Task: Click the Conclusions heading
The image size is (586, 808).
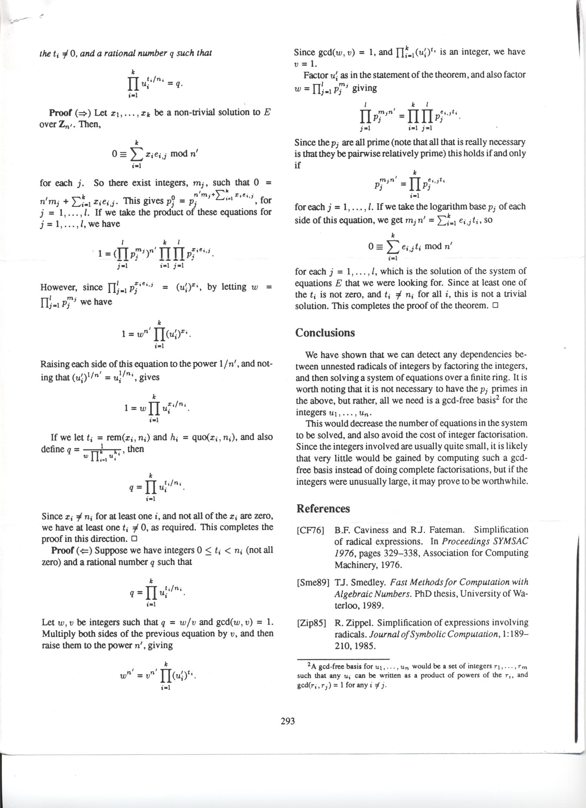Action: [325, 333]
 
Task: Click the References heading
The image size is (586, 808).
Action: [323, 508]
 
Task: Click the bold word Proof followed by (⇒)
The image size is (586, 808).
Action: [60, 113]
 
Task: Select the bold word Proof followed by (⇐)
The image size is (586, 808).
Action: [63, 550]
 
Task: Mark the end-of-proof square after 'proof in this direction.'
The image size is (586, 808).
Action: [134, 539]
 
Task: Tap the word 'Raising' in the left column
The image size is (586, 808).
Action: [55, 364]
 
